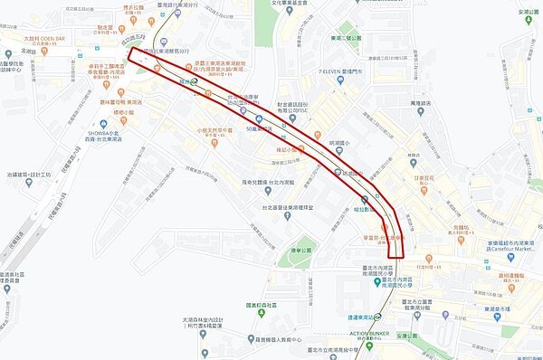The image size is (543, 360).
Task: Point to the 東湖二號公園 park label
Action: pyautogui.click(x=346, y=38)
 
